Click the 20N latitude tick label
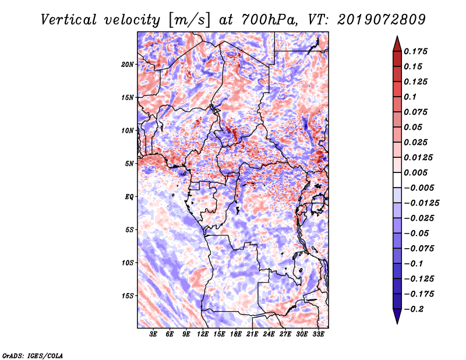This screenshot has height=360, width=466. pyautogui.click(x=127, y=65)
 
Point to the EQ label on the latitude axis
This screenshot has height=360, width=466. pyautogui.click(x=129, y=197)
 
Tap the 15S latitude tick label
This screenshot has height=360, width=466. pyautogui.click(x=127, y=296)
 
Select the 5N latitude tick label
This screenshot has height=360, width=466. pyautogui.click(x=129, y=164)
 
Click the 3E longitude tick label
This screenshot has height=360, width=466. pyautogui.click(x=153, y=334)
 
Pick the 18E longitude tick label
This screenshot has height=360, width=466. pyautogui.click(x=236, y=334)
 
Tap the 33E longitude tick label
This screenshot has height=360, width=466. pyautogui.click(x=318, y=334)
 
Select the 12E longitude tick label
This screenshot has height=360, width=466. pyautogui.click(x=203, y=334)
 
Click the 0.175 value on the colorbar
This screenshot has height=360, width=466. pyautogui.click(x=415, y=51)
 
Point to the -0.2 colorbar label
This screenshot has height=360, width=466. pyautogui.click(x=414, y=309)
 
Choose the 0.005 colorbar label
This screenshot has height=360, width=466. pyautogui.click(x=415, y=172)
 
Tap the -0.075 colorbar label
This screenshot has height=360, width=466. pyautogui.click(x=419, y=249)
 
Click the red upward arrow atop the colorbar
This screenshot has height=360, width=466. pyautogui.click(x=397, y=44)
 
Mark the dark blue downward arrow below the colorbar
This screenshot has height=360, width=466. pyautogui.click(x=397, y=316)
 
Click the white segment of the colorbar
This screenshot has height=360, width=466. pyautogui.click(x=397, y=180)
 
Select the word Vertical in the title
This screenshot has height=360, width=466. pyautogui.click(x=69, y=20)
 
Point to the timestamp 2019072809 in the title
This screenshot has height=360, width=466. pyautogui.click(x=382, y=20)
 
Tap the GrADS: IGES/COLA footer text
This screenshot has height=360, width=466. pyautogui.click(x=33, y=355)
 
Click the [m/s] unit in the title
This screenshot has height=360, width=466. pyautogui.click(x=189, y=20)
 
